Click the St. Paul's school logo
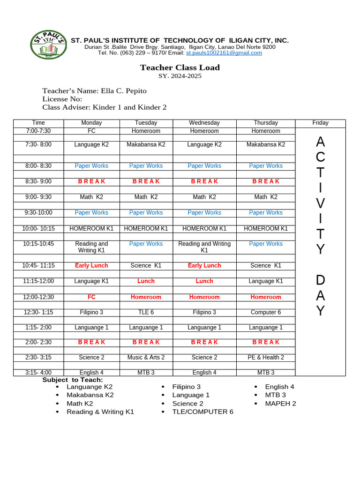pos(48,45)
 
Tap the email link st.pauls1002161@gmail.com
pos(224,53)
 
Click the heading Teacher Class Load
pos(180,67)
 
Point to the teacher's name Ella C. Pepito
pos(123,91)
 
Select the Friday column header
pos(320,123)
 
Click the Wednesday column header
pos(204,123)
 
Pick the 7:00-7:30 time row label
pos(38,131)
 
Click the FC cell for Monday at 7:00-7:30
pos(91,131)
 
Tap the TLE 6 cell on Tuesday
pos(146,312)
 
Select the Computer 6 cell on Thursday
pos(266,312)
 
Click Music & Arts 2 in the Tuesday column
pos(146,358)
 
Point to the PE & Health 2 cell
pos(266,358)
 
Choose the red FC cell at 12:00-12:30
pos(91,297)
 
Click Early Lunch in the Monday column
pos(91,266)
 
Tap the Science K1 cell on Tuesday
pos(146,266)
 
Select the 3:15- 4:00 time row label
pos(38,373)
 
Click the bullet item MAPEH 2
pos(280,404)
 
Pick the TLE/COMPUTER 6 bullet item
pos(202,412)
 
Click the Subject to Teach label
pos(73,380)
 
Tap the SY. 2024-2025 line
pos(180,76)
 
